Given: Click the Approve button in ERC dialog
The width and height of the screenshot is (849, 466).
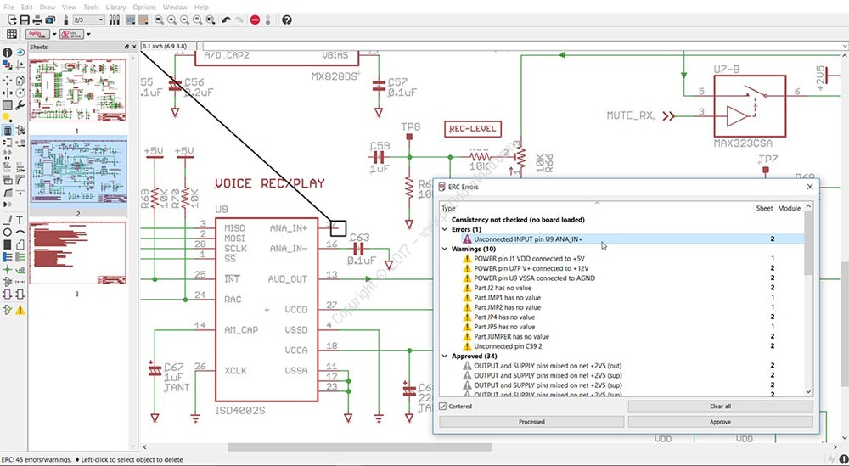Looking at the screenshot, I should click(720, 422).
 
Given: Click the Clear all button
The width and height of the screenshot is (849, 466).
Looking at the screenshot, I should click(720, 407).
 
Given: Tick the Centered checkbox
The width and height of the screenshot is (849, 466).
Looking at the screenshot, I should click(442, 407).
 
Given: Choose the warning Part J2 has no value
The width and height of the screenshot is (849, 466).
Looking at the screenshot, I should click(503, 289).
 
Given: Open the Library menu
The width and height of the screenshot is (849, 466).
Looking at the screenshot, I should click(115, 7).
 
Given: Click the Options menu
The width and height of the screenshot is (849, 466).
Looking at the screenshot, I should click(144, 7).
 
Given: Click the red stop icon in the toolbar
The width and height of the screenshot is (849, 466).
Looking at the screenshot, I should click(255, 20).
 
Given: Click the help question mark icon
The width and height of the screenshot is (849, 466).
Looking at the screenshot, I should click(286, 20).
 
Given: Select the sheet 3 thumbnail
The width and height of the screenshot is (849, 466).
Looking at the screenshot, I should click(77, 253).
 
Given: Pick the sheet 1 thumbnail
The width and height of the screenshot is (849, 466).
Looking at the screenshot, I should click(77, 90).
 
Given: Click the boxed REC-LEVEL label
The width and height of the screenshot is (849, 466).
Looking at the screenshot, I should click(473, 129).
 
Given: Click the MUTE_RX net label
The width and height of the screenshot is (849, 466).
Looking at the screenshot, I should click(631, 115).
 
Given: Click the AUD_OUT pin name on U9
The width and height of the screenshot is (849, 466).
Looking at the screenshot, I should click(289, 278).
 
